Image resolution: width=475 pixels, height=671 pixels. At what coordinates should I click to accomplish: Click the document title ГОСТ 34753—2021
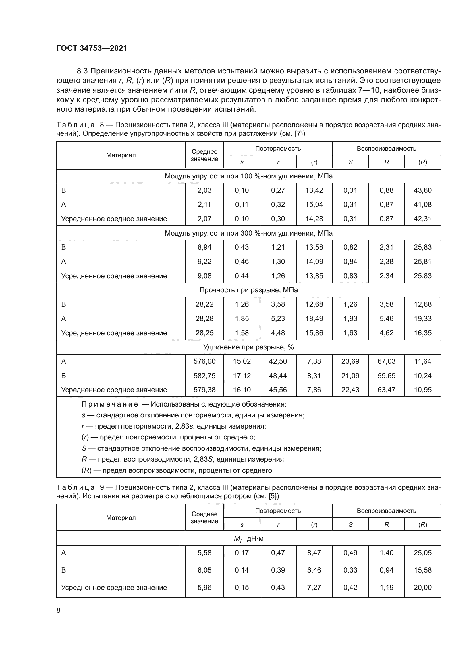point(92,48)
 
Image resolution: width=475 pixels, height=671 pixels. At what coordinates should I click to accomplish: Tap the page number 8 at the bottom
point(59,610)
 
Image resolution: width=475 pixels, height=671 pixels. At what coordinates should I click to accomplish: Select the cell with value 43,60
point(422,190)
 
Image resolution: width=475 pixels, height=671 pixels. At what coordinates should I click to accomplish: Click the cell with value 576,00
point(204,361)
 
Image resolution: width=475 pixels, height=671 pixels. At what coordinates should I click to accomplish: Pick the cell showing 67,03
point(386,361)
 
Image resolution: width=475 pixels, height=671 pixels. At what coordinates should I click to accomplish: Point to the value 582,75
point(204,376)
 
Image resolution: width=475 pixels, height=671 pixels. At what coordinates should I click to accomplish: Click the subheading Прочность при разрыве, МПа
point(248,290)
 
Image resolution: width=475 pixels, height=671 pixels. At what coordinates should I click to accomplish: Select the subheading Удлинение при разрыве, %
point(248,347)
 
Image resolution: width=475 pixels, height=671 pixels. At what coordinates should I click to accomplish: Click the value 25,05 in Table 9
point(422,553)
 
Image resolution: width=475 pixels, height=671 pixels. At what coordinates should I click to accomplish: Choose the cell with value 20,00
point(422,587)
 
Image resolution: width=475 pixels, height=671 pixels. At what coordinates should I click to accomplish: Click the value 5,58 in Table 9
point(204,553)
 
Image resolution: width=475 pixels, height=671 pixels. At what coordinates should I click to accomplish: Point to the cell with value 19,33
point(422,318)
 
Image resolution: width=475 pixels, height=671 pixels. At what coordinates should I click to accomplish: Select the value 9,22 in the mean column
point(204,262)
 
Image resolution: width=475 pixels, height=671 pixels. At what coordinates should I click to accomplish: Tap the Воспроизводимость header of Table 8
point(386,149)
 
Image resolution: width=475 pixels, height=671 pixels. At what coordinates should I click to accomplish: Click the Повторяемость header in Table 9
point(278,511)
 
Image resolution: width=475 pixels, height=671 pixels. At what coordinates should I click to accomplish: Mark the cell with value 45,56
point(278,390)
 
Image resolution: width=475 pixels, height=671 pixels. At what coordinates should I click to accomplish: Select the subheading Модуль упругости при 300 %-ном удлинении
point(248,233)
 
